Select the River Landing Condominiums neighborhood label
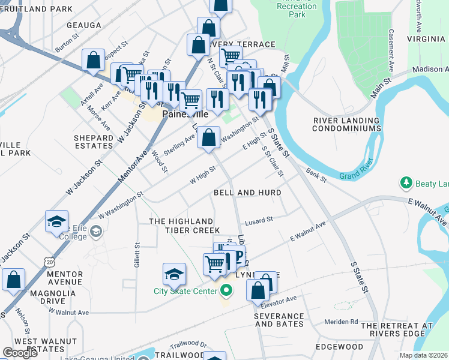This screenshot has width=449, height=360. coord(348,124)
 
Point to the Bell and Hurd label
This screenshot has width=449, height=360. coord(247,193)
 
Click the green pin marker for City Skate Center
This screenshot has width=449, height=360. coord(226,292)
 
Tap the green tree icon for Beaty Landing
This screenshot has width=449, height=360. coord(406,182)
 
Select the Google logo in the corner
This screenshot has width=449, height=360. coord(20,353)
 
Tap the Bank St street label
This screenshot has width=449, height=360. coord(315,176)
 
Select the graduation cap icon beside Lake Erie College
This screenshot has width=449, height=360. coord(56,221)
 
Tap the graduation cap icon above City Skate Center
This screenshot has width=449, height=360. coord(174,274)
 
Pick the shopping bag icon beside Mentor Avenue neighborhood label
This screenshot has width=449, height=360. coord(13,280)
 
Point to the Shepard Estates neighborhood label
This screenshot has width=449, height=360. coord(94,142)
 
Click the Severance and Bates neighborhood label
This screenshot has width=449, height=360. coord(279,320)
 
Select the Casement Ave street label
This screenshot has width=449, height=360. coord(391,50)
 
